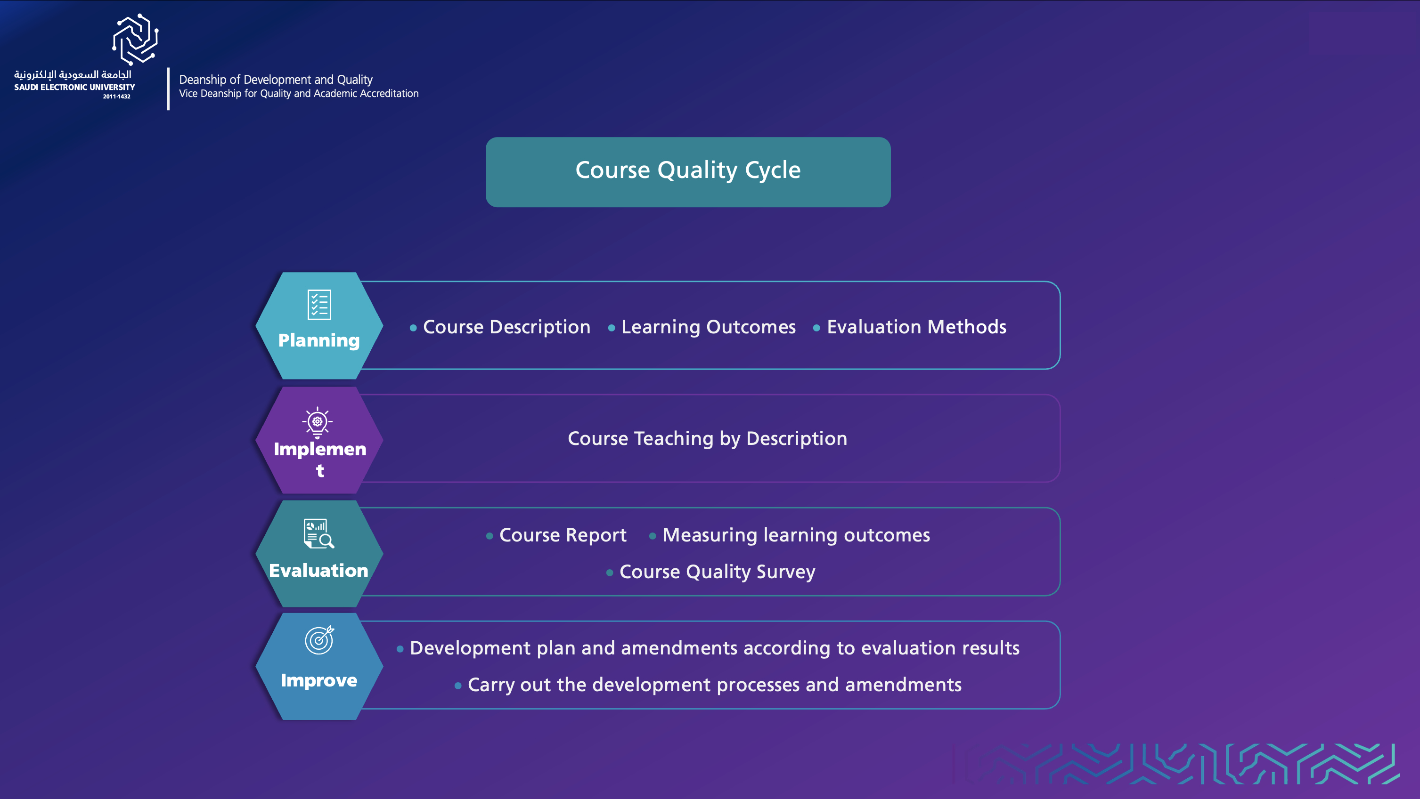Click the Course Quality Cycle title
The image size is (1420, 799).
[x=688, y=169]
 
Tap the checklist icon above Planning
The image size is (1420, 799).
[x=319, y=305]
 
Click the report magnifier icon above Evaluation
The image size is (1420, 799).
[x=318, y=533]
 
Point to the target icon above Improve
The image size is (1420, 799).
[x=320, y=640]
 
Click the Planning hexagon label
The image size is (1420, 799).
[x=319, y=340]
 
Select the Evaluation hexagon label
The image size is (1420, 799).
[x=318, y=570]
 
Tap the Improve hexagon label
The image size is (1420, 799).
[x=319, y=680]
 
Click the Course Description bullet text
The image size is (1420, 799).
[x=506, y=327]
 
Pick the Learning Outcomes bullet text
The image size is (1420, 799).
[x=708, y=327]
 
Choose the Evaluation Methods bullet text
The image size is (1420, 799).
[x=917, y=327]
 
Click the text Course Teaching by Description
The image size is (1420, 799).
[x=707, y=439]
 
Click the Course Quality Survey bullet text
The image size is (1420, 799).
[x=717, y=572]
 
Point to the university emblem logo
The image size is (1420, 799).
[x=136, y=39]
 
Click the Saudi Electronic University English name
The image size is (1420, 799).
[x=74, y=87]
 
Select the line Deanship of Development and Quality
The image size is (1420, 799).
[x=276, y=80]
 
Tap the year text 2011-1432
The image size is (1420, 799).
[x=117, y=97]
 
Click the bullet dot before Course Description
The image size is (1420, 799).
[x=413, y=328]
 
